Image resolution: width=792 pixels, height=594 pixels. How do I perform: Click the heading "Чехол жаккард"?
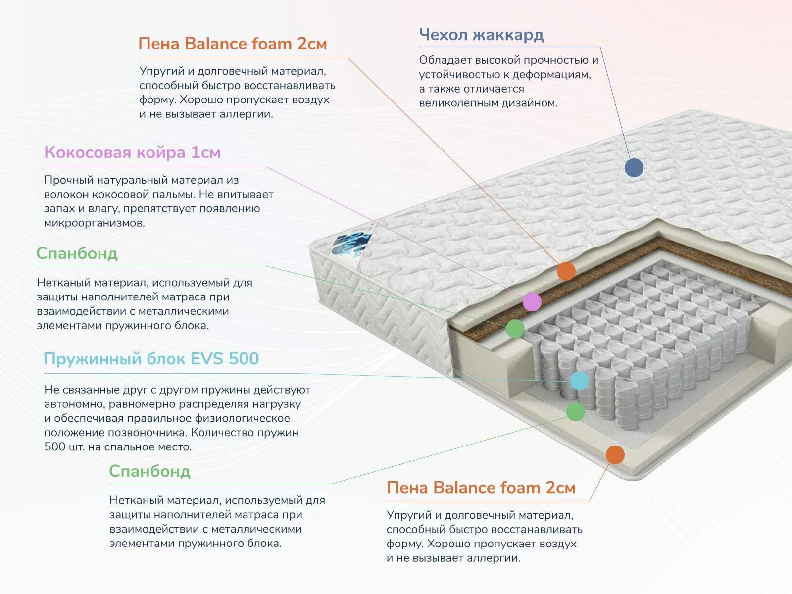click(x=481, y=35)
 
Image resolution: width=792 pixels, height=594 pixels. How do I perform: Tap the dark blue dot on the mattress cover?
click(x=634, y=167)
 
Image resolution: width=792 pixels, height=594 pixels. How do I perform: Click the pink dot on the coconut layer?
click(x=532, y=301)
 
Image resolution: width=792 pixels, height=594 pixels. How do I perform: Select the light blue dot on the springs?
click(x=580, y=381)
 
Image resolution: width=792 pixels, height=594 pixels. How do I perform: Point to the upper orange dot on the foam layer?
click(x=566, y=271)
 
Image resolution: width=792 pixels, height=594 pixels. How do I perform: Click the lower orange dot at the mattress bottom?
click(x=615, y=454)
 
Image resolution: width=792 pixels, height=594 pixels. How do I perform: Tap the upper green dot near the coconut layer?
click(x=515, y=328)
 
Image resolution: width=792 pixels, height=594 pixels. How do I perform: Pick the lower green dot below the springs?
click(x=575, y=411)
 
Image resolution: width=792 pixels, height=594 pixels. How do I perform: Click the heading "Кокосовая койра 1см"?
click(x=132, y=152)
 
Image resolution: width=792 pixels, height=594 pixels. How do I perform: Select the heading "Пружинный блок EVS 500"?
click(x=151, y=358)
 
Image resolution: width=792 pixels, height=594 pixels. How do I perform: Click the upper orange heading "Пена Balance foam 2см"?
click(x=233, y=44)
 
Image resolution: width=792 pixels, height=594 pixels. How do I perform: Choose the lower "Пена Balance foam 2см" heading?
click(x=481, y=488)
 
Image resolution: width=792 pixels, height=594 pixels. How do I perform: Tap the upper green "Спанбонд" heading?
click(x=77, y=253)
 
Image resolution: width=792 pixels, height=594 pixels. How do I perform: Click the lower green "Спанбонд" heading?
click(x=149, y=471)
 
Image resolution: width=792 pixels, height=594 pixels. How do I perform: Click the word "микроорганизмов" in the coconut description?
click(x=95, y=223)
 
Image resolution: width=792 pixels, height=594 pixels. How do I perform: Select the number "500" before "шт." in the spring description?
click(x=54, y=447)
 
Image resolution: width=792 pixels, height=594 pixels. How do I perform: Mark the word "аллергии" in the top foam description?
click(x=250, y=114)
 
